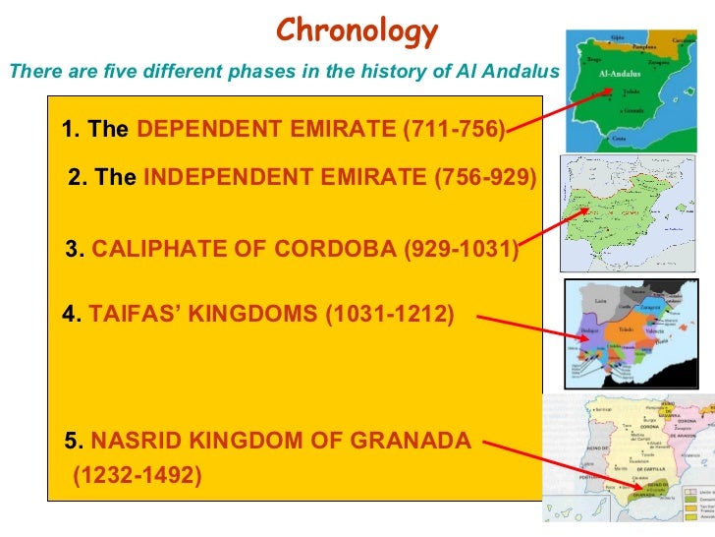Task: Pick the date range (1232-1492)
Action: point(137,476)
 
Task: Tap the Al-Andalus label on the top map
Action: point(620,75)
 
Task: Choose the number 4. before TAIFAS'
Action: point(70,315)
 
